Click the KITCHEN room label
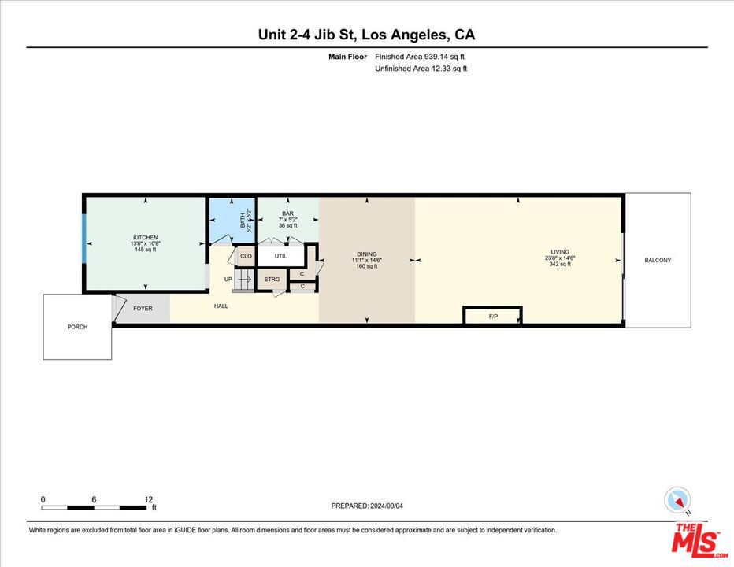click(x=145, y=238)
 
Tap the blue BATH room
click(x=232, y=220)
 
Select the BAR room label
click(x=287, y=213)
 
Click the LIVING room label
click(x=560, y=252)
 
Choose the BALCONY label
click(x=658, y=260)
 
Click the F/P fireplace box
click(x=493, y=317)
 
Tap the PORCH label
click(x=77, y=327)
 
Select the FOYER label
click(x=143, y=308)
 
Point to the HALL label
click(x=221, y=306)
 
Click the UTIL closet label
click(x=280, y=256)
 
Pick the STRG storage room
click(x=272, y=280)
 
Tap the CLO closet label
click(x=246, y=256)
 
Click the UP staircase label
click(x=228, y=279)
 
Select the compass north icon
click(x=678, y=500)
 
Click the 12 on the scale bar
click(x=148, y=499)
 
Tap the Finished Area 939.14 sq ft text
click(x=420, y=57)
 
